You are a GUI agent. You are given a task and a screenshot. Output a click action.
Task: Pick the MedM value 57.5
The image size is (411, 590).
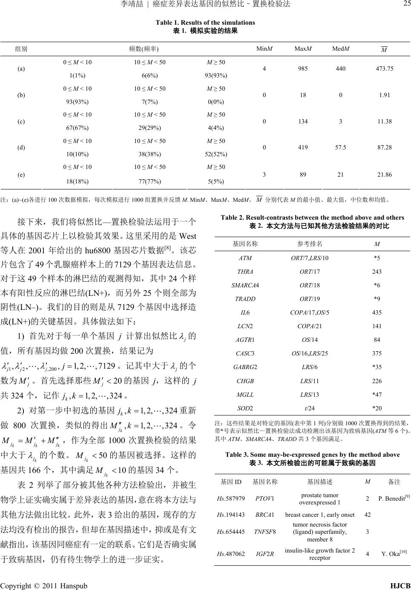[341, 147]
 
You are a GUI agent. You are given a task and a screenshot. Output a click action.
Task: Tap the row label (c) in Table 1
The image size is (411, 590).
[21, 121]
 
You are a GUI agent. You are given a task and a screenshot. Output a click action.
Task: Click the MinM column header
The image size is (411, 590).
[264, 49]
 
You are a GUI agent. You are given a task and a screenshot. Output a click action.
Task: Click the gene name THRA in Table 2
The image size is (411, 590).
[245, 272]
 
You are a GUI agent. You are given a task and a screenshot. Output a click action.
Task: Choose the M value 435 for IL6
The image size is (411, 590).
[377, 312]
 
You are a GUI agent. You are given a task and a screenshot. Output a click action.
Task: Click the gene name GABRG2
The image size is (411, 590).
[245, 367]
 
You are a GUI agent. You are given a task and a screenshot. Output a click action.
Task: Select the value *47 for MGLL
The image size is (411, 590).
[377, 394]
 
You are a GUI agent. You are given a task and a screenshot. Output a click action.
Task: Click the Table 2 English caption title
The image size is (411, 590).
[312, 218]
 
